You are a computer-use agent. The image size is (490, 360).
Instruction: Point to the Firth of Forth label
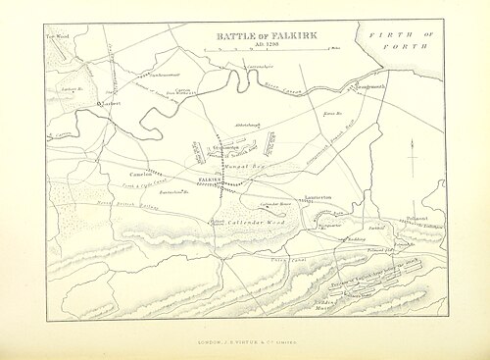click(x=401, y=39)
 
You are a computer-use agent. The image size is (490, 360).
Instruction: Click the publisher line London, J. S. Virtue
click(x=246, y=340)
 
